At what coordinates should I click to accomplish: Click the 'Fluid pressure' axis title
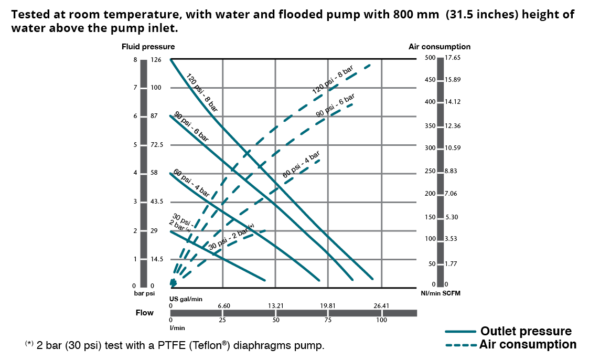tap(148, 47)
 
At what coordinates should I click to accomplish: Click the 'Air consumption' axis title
tap(440, 47)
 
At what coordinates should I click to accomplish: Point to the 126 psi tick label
tap(156, 60)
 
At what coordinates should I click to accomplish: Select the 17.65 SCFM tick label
tap(453, 58)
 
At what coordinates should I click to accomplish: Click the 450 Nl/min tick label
tap(430, 80)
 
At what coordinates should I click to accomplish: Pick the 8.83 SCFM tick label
tap(451, 171)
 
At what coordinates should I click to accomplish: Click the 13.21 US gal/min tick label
tap(276, 305)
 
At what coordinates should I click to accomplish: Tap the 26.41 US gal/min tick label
tap(381, 305)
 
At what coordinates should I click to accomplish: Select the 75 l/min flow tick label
tap(328, 320)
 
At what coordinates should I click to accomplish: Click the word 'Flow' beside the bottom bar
tap(145, 313)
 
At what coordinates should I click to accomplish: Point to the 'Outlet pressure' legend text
tap(526, 331)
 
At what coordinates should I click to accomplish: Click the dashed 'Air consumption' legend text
tap(528, 344)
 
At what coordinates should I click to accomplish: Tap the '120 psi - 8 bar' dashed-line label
tap(333, 80)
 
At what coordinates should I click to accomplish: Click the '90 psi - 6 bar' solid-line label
tap(191, 126)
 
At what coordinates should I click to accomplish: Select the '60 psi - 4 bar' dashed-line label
tap(302, 164)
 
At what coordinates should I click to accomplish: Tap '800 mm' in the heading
tap(417, 15)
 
